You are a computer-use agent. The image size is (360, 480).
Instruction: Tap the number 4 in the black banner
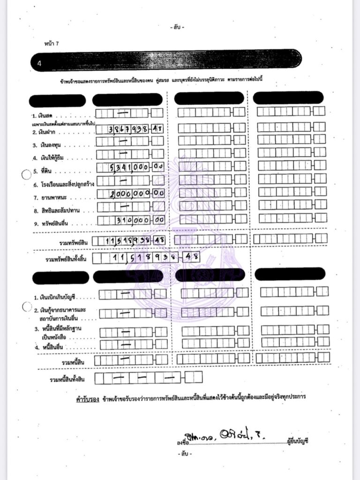39,64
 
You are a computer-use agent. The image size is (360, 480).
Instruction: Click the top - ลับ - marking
178,28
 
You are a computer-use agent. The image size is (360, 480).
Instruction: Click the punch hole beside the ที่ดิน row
26,174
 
